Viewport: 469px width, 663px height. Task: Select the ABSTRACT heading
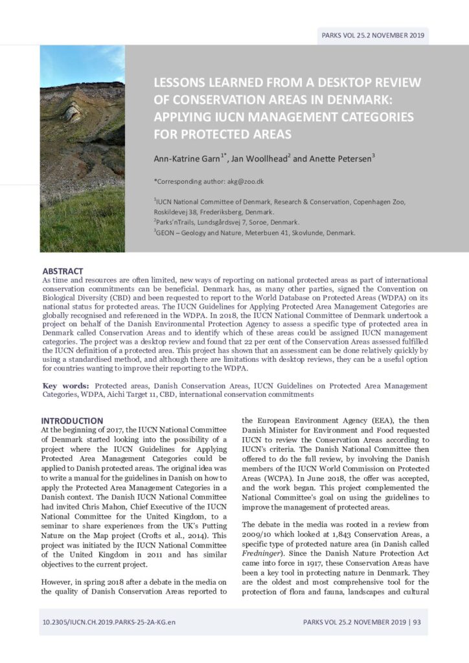[63, 271]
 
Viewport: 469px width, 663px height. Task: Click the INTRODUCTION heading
[72, 421]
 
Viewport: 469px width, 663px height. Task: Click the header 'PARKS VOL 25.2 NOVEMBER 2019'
[372, 35]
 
